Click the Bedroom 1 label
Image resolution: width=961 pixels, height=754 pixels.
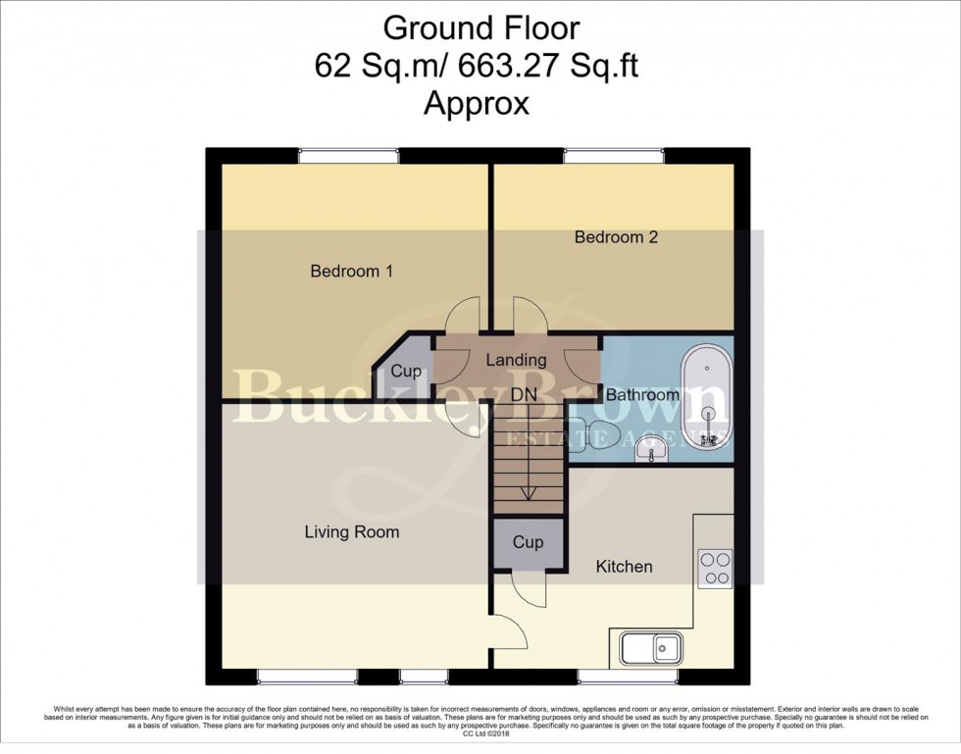click(x=351, y=272)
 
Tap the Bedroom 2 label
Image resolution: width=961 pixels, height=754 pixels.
click(x=616, y=237)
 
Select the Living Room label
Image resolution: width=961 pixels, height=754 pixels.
click(x=351, y=532)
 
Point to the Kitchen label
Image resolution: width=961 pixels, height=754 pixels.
click(x=625, y=567)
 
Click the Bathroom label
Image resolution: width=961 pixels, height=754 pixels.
click(x=642, y=395)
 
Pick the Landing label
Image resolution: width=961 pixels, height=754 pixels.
click(x=517, y=360)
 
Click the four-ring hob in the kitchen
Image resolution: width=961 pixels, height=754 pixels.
click(x=714, y=569)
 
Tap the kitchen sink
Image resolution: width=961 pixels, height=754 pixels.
click(x=652, y=648)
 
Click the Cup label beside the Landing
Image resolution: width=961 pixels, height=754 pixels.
click(x=406, y=373)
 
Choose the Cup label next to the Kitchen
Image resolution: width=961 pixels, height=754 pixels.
click(x=529, y=542)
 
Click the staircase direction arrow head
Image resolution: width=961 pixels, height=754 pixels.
click(x=529, y=495)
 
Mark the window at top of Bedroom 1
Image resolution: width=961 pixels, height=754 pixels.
click(x=348, y=155)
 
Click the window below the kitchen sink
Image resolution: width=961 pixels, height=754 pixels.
click(x=626, y=677)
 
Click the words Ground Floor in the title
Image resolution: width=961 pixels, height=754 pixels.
click(x=480, y=27)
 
